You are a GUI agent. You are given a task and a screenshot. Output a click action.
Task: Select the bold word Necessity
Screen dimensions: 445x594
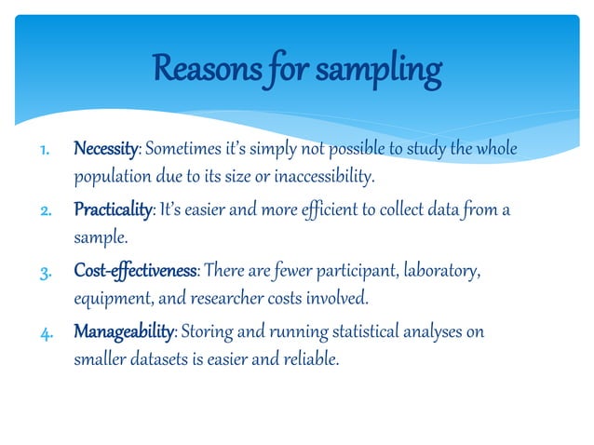tap(106, 151)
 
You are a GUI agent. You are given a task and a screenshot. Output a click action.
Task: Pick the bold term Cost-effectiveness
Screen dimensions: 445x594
tap(135, 271)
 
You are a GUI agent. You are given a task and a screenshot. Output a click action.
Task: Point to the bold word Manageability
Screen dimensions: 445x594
tap(124, 331)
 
